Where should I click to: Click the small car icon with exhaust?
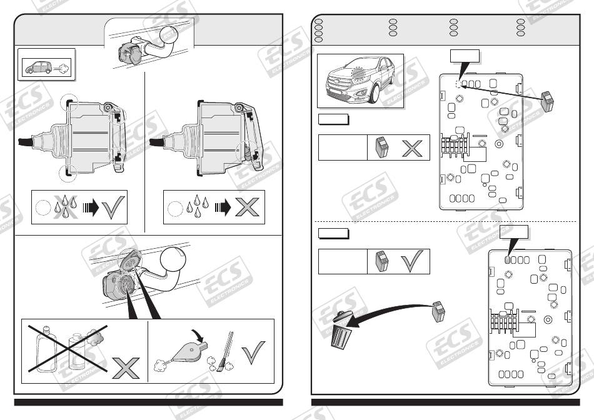click(38, 67)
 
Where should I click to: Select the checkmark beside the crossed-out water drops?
click(113, 207)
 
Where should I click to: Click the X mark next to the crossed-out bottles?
click(126, 367)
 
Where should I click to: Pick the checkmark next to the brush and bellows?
click(253, 352)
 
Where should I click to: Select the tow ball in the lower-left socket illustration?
click(173, 260)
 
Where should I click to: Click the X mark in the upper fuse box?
click(412, 148)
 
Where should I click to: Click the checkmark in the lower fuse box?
click(412, 261)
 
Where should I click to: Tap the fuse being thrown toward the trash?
click(439, 311)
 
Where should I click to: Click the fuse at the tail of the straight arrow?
click(548, 101)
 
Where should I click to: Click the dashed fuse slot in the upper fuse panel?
click(458, 84)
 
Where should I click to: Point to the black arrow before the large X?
click(223, 207)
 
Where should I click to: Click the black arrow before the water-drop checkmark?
click(91, 207)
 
